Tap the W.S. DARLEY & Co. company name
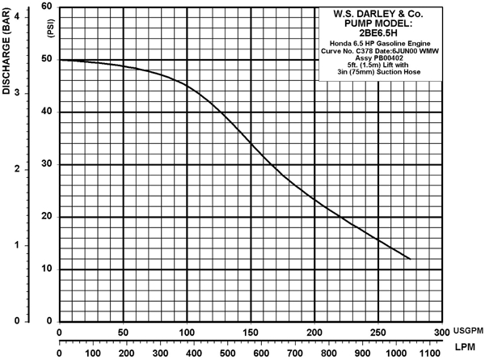(x=380, y=14)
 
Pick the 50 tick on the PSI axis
(x=48, y=60)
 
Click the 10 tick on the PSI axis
(x=48, y=269)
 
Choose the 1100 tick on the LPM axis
(x=428, y=353)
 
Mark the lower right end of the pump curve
(x=411, y=259)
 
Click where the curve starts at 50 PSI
(x=61, y=60)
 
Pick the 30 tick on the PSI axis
(x=48, y=164)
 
